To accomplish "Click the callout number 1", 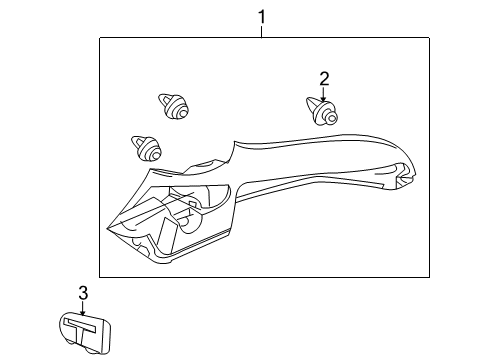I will (x=262, y=16).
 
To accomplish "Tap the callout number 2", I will (x=323, y=78).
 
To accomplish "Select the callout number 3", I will (x=83, y=292).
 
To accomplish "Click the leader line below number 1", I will (x=262, y=31).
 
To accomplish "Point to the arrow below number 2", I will (x=323, y=93).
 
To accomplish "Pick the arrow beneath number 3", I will (x=84, y=306).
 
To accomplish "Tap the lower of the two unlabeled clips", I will (x=146, y=149).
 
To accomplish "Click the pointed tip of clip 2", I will (x=307, y=101).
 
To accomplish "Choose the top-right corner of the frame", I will (x=430, y=38).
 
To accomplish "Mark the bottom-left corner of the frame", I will (x=99, y=276).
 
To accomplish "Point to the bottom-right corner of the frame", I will (x=430, y=276).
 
